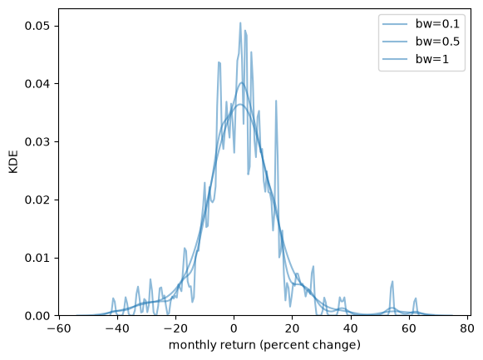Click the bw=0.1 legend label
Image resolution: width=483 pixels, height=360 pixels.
coord(437,24)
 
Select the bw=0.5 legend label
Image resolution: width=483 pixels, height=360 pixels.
coord(437,42)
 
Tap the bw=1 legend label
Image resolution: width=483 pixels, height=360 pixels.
coord(432,59)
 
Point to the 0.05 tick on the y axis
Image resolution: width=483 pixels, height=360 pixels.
coord(37,26)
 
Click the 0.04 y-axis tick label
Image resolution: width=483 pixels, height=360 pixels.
coord(37,84)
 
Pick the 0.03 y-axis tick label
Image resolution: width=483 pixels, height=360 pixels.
coord(37,142)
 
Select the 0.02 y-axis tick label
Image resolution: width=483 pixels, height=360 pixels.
coord(37,200)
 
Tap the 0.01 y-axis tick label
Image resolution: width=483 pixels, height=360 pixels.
coord(37,258)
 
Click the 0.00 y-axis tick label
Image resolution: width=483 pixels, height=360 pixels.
coord(37,316)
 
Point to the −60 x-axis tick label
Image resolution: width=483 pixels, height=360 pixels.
coord(58,328)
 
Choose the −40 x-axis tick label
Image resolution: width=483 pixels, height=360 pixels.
coord(117,328)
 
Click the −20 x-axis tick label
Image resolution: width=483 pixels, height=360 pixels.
coord(175,328)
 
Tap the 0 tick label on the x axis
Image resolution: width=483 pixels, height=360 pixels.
coord(234,328)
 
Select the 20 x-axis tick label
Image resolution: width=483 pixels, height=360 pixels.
coord(293,328)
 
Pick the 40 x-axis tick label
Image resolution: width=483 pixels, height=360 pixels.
coord(351,328)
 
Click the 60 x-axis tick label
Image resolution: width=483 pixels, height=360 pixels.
coord(409,328)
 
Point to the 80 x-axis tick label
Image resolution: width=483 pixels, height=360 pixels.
coord(467,328)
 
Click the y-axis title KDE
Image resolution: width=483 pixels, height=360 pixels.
coord(13,161)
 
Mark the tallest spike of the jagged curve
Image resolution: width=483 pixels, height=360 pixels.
coord(240,22)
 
